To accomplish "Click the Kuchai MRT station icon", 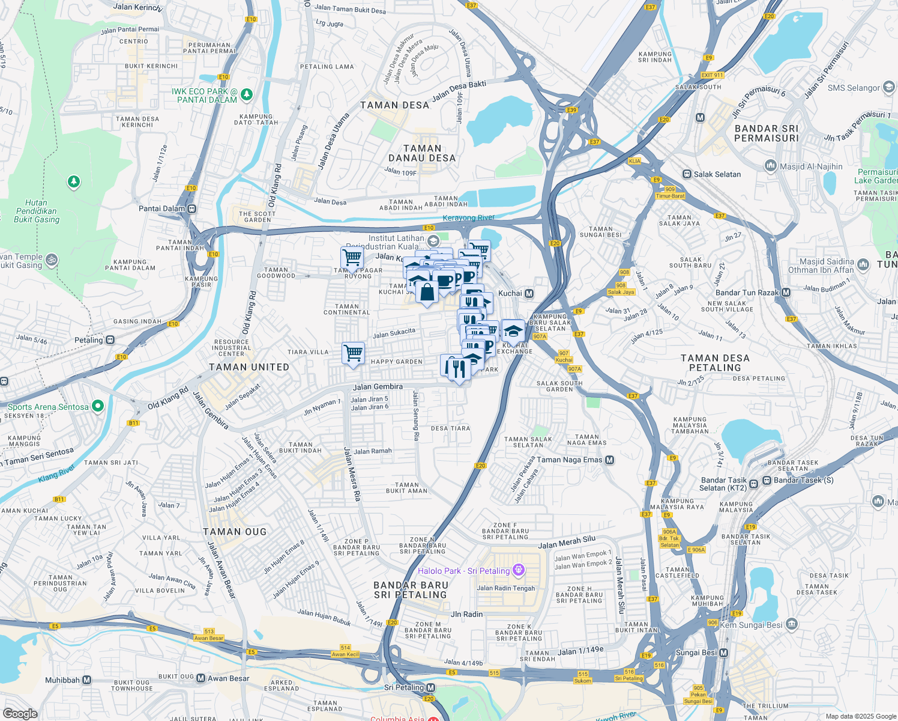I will coord(529,293).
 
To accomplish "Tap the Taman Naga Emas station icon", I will coord(609,460).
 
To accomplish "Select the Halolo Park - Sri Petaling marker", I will coord(519,570).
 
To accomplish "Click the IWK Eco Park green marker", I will coord(246,95).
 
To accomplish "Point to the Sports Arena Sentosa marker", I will coord(97,407).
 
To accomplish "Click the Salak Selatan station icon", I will coord(687,174).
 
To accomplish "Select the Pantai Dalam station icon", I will coord(191,209).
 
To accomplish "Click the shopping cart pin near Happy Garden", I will coord(354,353).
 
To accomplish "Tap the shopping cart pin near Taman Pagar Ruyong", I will coord(352,258).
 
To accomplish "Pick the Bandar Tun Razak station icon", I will coord(786,293).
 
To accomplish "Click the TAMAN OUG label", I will coord(235,532).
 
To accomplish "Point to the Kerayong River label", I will coord(468,218).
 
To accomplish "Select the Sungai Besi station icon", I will coord(723,653).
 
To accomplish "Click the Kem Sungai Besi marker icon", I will coord(792,624).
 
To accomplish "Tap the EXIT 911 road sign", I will coord(713,75).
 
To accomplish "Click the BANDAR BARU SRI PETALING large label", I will coord(411,590).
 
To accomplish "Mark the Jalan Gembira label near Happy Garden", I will coord(378,387).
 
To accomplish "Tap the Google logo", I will coord(20,714).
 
